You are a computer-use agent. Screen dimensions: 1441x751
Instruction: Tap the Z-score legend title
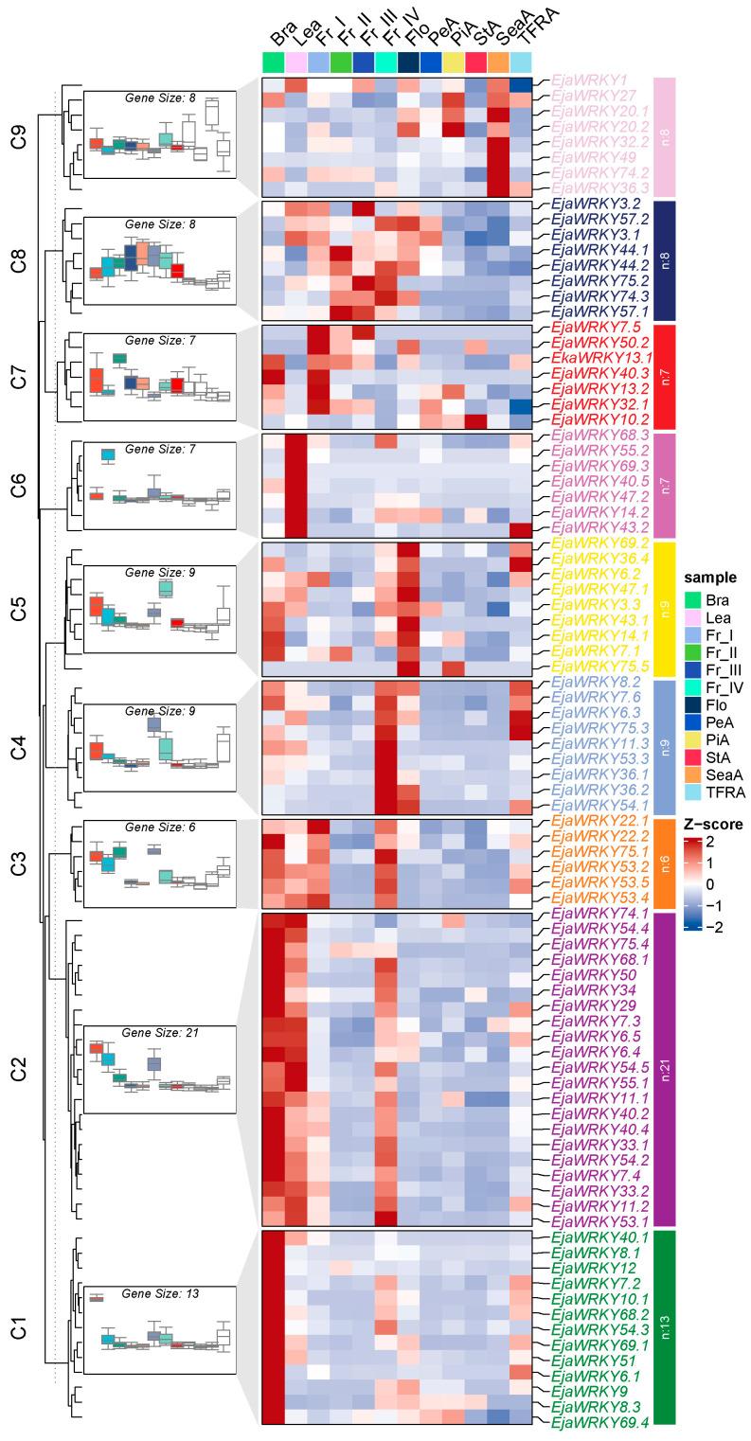[x=713, y=825]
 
